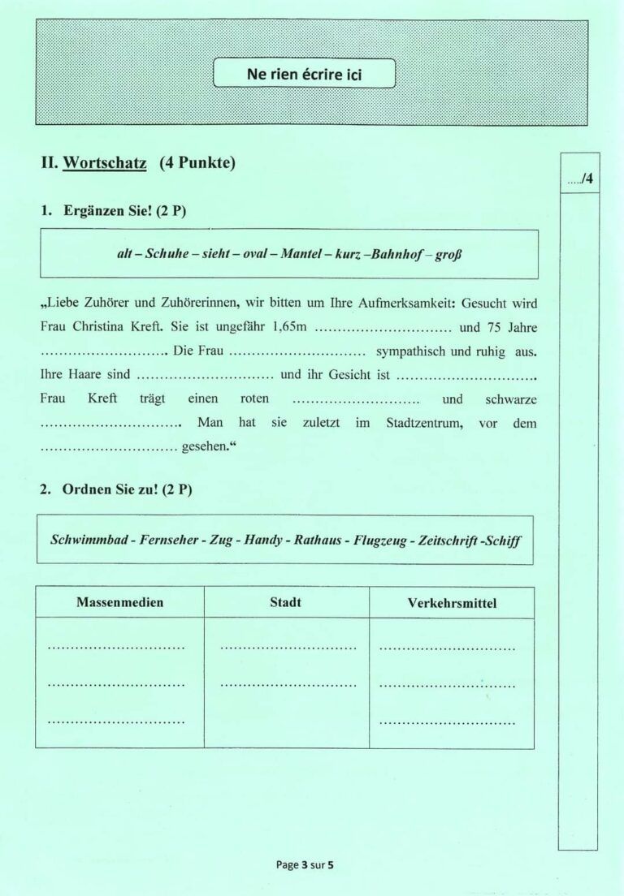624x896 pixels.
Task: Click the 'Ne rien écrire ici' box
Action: pos(304,74)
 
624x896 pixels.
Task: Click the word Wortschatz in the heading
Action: pos(104,162)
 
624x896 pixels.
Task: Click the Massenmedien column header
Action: pos(119,603)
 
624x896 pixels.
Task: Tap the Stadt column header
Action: pos(285,603)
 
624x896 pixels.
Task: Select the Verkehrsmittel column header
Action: pos(452,603)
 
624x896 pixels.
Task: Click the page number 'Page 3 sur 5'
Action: pos(305,864)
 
